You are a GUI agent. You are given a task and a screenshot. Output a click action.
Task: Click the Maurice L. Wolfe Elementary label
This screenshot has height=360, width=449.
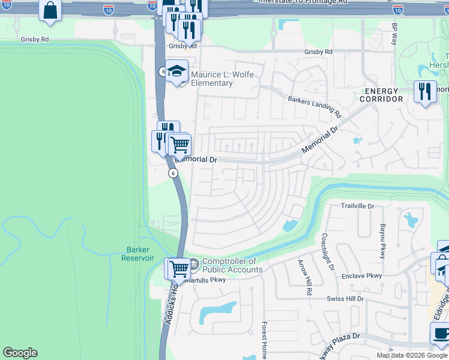[222, 79]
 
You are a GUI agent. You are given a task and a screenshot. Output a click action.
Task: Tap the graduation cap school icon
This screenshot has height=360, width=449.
[177, 72]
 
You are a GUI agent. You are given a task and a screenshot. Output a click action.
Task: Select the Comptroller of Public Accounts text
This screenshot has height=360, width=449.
[232, 265]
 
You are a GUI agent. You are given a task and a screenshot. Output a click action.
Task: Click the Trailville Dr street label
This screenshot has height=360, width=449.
[357, 206]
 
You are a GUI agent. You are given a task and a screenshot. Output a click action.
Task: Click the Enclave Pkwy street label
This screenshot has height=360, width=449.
[362, 275]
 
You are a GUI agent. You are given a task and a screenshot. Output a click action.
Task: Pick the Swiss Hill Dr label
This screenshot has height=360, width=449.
[345, 298]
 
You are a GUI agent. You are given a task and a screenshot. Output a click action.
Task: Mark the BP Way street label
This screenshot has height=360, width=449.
[394, 35]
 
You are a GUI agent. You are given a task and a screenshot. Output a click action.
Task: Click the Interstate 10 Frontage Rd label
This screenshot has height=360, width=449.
[303, 2]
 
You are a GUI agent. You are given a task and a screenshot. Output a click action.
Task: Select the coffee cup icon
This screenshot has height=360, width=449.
[440, 333]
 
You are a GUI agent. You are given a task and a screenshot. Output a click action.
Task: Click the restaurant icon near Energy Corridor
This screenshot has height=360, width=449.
[425, 92]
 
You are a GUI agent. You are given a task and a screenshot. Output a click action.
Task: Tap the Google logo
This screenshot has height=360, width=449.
[20, 353]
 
